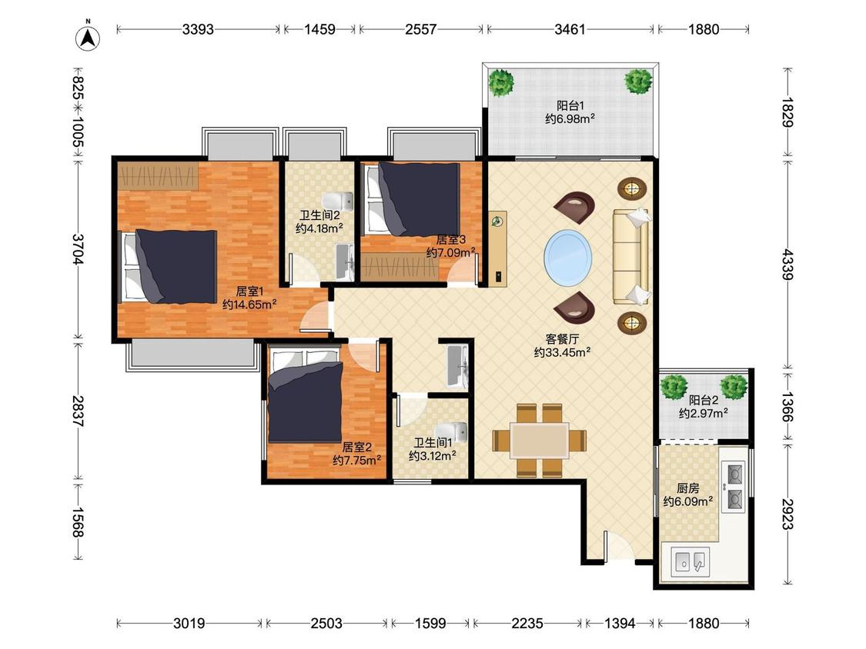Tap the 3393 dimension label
(x=198, y=29)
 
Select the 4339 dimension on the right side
(x=787, y=265)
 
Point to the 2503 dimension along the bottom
(x=326, y=624)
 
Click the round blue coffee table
(x=568, y=258)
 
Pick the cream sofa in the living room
(x=630, y=257)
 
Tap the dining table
(x=540, y=440)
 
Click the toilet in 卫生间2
(x=338, y=199)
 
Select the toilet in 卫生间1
(x=451, y=432)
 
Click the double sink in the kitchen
(x=690, y=561)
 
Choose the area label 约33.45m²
(x=562, y=353)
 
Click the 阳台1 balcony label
(x=570, y=105)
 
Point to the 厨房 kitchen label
(x=688, y=488)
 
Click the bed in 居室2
(x=306, y=396)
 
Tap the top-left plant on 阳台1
(x=501, y=82)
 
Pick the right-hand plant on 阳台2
(x=734, y=387)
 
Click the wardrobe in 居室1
(x=158, y=176)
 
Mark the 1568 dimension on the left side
(x=77, y=522)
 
